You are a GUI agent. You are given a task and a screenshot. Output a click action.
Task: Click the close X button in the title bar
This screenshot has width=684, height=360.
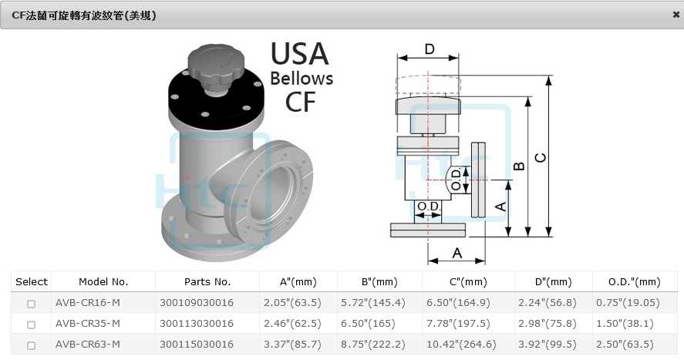point(676,14)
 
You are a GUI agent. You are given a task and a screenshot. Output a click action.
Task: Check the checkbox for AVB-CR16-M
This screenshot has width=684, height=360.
point(31,304)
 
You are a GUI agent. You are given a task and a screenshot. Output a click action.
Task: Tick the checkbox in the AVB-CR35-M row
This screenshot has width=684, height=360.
point(31,324)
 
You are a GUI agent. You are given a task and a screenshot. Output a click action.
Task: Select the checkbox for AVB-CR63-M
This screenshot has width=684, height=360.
point(31,345)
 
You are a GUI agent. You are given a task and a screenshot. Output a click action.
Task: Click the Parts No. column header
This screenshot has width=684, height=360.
point(207,282)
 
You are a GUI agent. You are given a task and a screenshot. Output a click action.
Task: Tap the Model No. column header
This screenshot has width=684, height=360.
point(103,282)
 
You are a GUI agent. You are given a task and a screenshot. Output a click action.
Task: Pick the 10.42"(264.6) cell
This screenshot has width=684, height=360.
point(457,345)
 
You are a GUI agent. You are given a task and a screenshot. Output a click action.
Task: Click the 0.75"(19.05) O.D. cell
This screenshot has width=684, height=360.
point(628,303)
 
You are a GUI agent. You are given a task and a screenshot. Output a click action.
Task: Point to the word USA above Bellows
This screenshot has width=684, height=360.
point(299,54)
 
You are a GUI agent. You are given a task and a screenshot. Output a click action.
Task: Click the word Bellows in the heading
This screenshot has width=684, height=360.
point(302,79)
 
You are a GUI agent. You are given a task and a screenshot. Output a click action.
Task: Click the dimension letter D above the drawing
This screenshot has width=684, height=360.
point(430,49)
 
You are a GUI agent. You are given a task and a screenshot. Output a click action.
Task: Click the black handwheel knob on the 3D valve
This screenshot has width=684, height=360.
point(216,61)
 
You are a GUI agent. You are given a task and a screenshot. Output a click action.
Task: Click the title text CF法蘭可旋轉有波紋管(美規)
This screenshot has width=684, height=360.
point(84,15)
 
